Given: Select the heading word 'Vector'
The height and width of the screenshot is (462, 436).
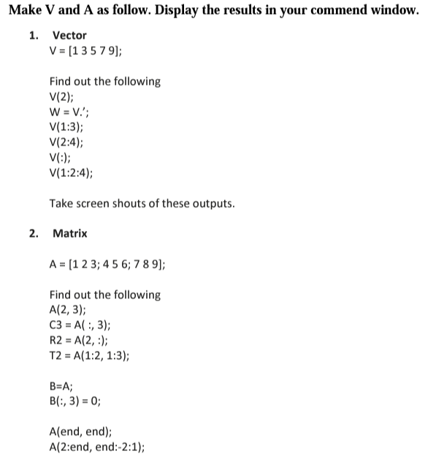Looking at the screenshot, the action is (x=69, y=35).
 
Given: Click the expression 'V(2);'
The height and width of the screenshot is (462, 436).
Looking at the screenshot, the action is (x=62, y=96).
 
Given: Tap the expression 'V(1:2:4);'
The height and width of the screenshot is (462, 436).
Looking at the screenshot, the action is (x=71, y=173).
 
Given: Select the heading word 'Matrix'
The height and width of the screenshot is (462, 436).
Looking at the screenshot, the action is (x=70, y=233).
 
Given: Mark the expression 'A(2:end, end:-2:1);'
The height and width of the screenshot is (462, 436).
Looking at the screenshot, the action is (x=96, y=447).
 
